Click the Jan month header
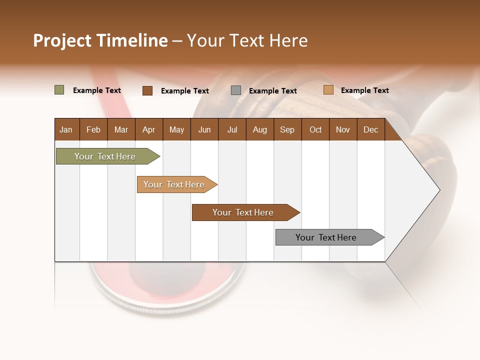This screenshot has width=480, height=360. tap(66, 129)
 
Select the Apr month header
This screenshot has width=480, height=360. tap(149, 129)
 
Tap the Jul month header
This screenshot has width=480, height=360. tap(232, 129)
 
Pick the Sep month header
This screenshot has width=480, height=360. tap(287, 129)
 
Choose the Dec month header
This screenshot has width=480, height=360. tap(370, 129)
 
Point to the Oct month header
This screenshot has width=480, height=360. tap(315, 129)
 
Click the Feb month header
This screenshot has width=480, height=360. tap(93, 129)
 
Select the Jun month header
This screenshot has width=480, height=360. tap(204, 129)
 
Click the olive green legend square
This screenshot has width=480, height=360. tap(59, 90)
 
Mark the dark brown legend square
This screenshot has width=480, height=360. tap(147, 90)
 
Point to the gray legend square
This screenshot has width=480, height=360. tap(236, 90)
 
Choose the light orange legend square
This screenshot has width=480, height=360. tap(328, 90)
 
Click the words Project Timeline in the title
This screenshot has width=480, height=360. tap(100, 40)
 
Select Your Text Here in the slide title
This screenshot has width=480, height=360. tap(247, 40)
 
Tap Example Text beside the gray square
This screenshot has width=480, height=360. tap(273, 91)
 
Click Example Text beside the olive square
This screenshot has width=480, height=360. tap(97, 90)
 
